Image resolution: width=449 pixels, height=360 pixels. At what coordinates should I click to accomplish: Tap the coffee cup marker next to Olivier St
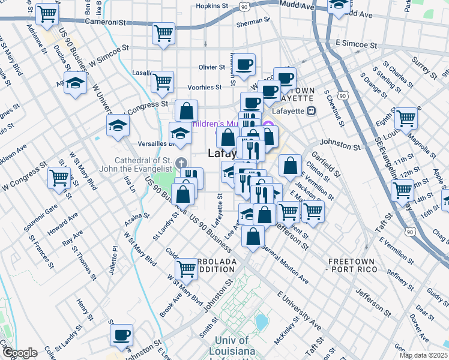click(244, 65)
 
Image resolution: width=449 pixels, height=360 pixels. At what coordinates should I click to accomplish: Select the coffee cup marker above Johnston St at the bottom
click(122, 335)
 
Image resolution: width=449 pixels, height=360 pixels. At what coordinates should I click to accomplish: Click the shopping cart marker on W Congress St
click(59, 178)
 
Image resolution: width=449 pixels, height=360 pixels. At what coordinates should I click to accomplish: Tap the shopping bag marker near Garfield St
click(290, 166)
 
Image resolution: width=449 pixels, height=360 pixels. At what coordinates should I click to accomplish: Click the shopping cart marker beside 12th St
click(402, 190)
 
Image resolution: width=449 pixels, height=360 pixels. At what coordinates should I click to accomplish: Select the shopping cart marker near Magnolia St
click(406, 118)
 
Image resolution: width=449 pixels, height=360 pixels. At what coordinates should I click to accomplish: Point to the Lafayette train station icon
click(311, 110)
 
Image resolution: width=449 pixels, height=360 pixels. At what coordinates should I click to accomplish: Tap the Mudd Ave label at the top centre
click(298, 7)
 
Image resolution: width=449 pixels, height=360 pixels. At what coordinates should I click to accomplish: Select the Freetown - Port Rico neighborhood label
click(353, 266)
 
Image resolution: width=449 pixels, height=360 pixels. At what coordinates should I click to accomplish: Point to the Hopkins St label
click(212, 7)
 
